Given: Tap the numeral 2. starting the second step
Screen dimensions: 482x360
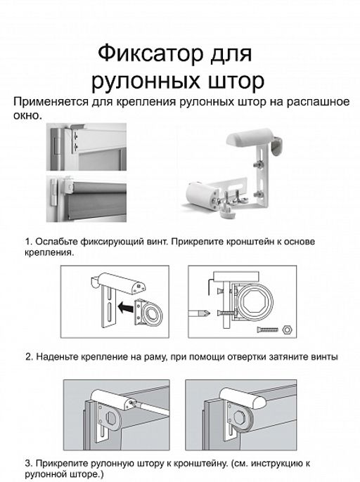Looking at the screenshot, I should (28, 357).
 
